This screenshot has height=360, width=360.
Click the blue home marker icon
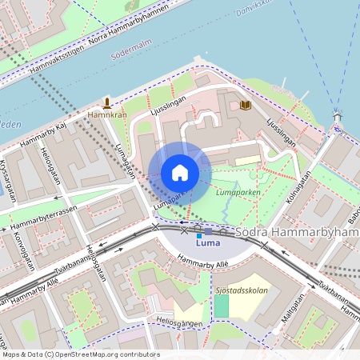tap(180, 173)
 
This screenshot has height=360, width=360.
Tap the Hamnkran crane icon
tap(106, 102)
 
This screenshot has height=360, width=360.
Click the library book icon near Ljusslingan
tap(246, 105)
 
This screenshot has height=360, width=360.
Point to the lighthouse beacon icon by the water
tap(338, 116)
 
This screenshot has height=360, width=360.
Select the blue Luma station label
tap(208, 242)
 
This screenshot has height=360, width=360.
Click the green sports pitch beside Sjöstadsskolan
tap(221, 306)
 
